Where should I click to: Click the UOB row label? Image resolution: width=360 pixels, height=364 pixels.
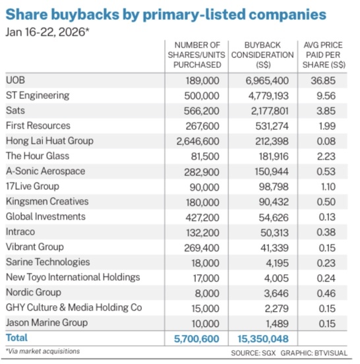pos(15,80)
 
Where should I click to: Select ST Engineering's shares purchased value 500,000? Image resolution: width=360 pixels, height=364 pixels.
pos(202,96)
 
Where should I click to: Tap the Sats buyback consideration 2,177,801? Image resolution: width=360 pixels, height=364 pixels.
pos(270,111)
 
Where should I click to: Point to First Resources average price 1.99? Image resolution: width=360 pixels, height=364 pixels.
pos(327,126)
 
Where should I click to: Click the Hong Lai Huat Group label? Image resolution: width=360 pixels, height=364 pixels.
pos(49,141)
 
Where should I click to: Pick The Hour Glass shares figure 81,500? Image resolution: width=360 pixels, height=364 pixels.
pos(205,156)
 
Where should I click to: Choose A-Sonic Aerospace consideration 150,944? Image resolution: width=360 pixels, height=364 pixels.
pos(272,171)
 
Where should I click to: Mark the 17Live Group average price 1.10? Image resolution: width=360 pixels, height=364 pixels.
pos(328,187)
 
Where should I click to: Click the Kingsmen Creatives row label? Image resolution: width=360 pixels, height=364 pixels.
pos(47,202)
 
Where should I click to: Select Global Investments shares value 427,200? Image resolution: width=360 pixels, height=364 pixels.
pos(202,218)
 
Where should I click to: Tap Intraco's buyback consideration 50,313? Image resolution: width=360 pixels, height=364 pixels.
pos(274,232)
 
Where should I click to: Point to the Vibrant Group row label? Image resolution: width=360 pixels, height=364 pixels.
pos(34,247)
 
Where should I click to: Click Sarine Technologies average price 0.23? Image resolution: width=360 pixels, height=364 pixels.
pos(326,263)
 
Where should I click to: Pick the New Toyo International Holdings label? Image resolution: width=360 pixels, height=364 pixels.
pos(73,278)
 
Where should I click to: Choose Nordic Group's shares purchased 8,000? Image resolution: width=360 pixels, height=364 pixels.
pos(207,293)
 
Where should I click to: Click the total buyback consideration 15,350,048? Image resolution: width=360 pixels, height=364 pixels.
pos(263,339)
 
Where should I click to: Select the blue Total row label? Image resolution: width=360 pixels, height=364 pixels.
pos(16,338)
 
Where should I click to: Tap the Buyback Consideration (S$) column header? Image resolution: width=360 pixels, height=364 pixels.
pos(262,55)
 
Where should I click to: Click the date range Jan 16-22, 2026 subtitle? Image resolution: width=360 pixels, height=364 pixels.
pos(47,32)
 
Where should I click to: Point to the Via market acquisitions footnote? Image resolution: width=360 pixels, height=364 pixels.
pos(43,351)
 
